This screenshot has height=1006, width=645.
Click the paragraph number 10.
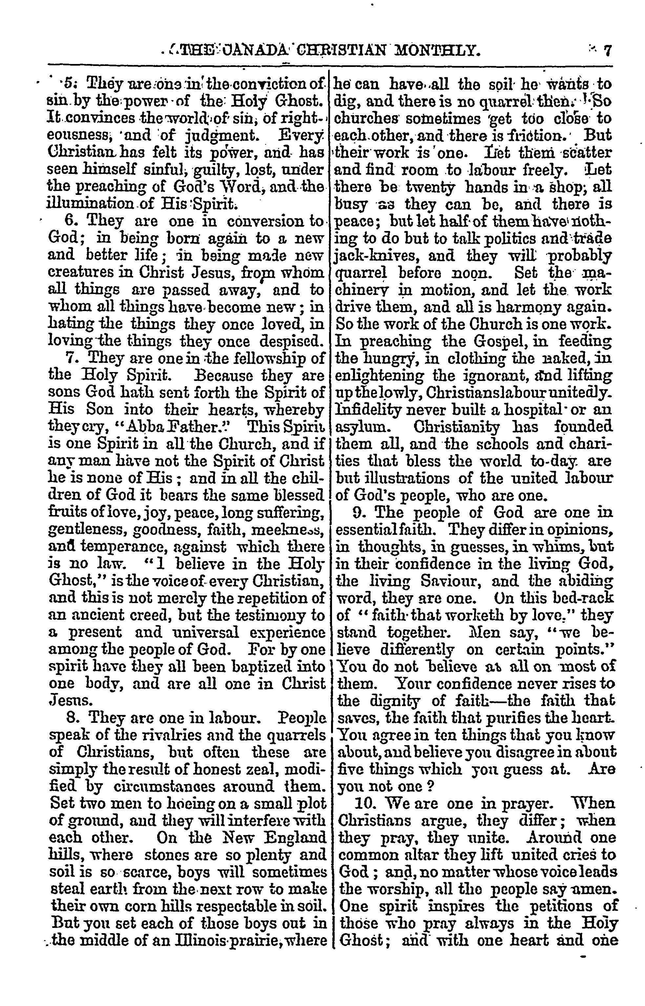(x=364, y=803)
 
